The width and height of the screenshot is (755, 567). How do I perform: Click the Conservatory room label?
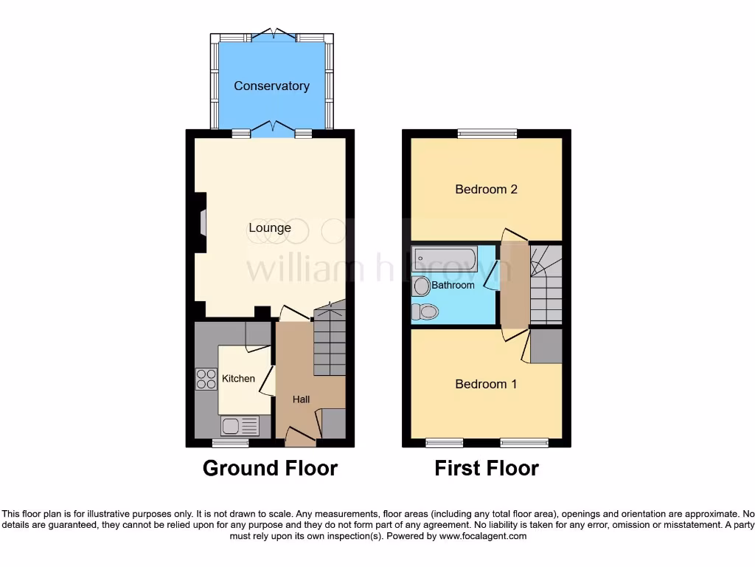pyautogui.click(x=271, y=86)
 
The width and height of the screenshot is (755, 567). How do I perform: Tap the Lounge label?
pyautogui.click(x=269, y=227)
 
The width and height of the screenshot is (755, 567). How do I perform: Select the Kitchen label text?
pyautogui.click(x=238, y=379)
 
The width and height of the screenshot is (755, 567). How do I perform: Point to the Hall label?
pyautogui.click(x=301, y=399)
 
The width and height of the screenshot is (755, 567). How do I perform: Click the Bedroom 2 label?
pyautogui.click(x=486, y=189)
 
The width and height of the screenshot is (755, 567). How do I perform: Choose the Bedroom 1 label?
pyautogui.click(x=486, y=384)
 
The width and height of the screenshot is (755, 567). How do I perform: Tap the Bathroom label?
pyautogui.click(x=453, y=285)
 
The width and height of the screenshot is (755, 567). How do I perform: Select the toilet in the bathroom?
pyautogui.click(x=425, y=312)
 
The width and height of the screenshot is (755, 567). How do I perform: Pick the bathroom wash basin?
pyautogui.click(x=421, y=286)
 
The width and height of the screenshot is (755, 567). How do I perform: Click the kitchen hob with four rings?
pyautogui.click(x=203, y=379)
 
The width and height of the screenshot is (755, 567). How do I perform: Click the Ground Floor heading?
pyautogui.click(x=270, y=468)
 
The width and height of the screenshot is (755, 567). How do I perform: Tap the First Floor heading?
pyautogui.click(x=487, y=468)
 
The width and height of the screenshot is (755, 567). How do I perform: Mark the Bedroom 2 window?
pyautogui.click(x=487, y=134)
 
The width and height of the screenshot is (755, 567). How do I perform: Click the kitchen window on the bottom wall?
pyautogui.click(x=230, y=443)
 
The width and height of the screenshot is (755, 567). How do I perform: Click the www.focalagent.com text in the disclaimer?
pyautogui.click(x=483, y=536)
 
